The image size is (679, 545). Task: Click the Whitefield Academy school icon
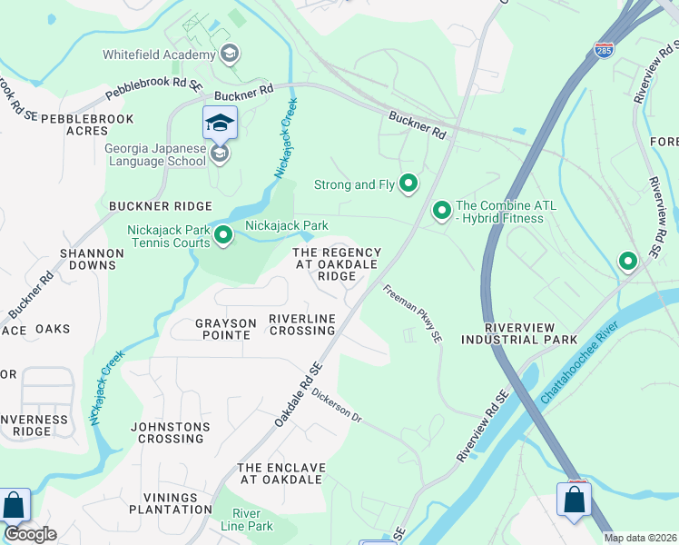pos(230,54)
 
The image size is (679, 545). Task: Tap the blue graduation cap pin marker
pos(220,123)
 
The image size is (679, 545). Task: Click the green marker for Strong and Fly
pos(408,184)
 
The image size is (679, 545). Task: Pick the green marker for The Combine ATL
pos(442,211)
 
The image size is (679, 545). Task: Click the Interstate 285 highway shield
pos(604,49)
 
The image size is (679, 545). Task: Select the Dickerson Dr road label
pos(337,405)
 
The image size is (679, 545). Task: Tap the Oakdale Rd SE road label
pos(299,397)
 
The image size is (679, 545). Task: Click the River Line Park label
pos(247,520)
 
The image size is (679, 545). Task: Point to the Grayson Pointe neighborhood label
pos(222,329)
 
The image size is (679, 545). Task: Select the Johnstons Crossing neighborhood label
pos(171,432)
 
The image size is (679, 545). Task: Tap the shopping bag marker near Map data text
pos(574,500)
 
